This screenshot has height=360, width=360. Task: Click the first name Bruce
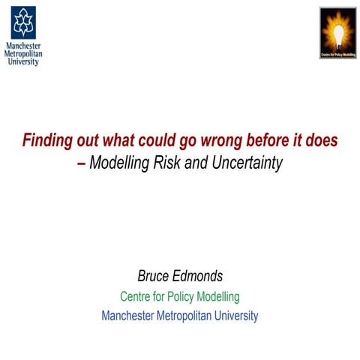[x=155, y=277]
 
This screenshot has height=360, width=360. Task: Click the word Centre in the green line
[x=137, y=296]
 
